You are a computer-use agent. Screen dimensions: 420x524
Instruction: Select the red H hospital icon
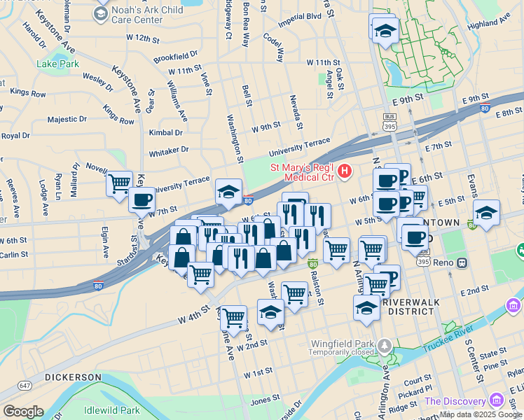pyautogui.click(x=343, y=171)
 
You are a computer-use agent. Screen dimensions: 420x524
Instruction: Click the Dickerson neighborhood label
pyautogui.click(x=74, y=377)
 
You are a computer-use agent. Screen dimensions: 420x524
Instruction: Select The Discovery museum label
pyautogui.click(x=455, y=401)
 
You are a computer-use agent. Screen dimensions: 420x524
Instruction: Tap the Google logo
pyautogui.click(x=23, y=412)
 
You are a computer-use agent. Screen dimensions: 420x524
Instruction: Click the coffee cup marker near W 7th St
pyautogui.click(x=142, y=199)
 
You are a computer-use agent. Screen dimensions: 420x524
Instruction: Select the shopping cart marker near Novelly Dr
pyautogui.click(x=120, y=183)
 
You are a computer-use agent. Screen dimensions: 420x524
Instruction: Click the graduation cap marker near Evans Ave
pyautogui.click(x=487, y=212)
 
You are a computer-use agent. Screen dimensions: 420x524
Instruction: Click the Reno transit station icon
pyautogui.click(x=462, y=262)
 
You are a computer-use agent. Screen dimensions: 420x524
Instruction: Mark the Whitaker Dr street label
pyautogui.click(x=168, y=150)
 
